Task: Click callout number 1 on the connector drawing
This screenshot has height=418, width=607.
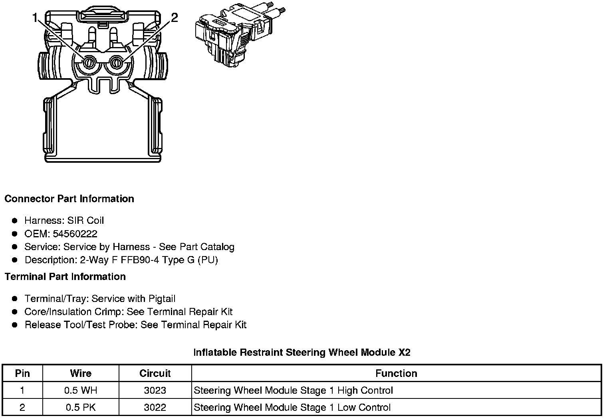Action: (35, 18)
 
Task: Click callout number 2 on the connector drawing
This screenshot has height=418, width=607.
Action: (174, 18)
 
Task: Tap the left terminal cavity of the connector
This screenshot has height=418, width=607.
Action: (89, 63)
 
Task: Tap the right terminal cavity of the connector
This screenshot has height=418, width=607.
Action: (117, 63)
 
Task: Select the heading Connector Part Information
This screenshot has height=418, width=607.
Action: (69, 199)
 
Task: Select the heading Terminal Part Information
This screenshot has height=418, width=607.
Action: (65, 276)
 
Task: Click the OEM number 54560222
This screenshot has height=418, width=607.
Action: (75, 234)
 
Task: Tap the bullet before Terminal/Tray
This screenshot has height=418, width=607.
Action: (15, 299)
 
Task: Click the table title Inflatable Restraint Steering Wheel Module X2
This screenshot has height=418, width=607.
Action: (302, 352)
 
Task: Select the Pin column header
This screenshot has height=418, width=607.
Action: (22, 373)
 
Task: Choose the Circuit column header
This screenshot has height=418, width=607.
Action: (155, 373)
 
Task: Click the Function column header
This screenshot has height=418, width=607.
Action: (396, 373)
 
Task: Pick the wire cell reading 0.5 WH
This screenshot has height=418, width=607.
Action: (81, 390)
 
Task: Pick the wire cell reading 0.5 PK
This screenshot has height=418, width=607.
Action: (81, 407)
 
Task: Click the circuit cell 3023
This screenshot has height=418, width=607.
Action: (155, 390)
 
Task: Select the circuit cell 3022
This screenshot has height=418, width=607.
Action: (155, 407)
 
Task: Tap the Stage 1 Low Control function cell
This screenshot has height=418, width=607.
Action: (292, 407)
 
